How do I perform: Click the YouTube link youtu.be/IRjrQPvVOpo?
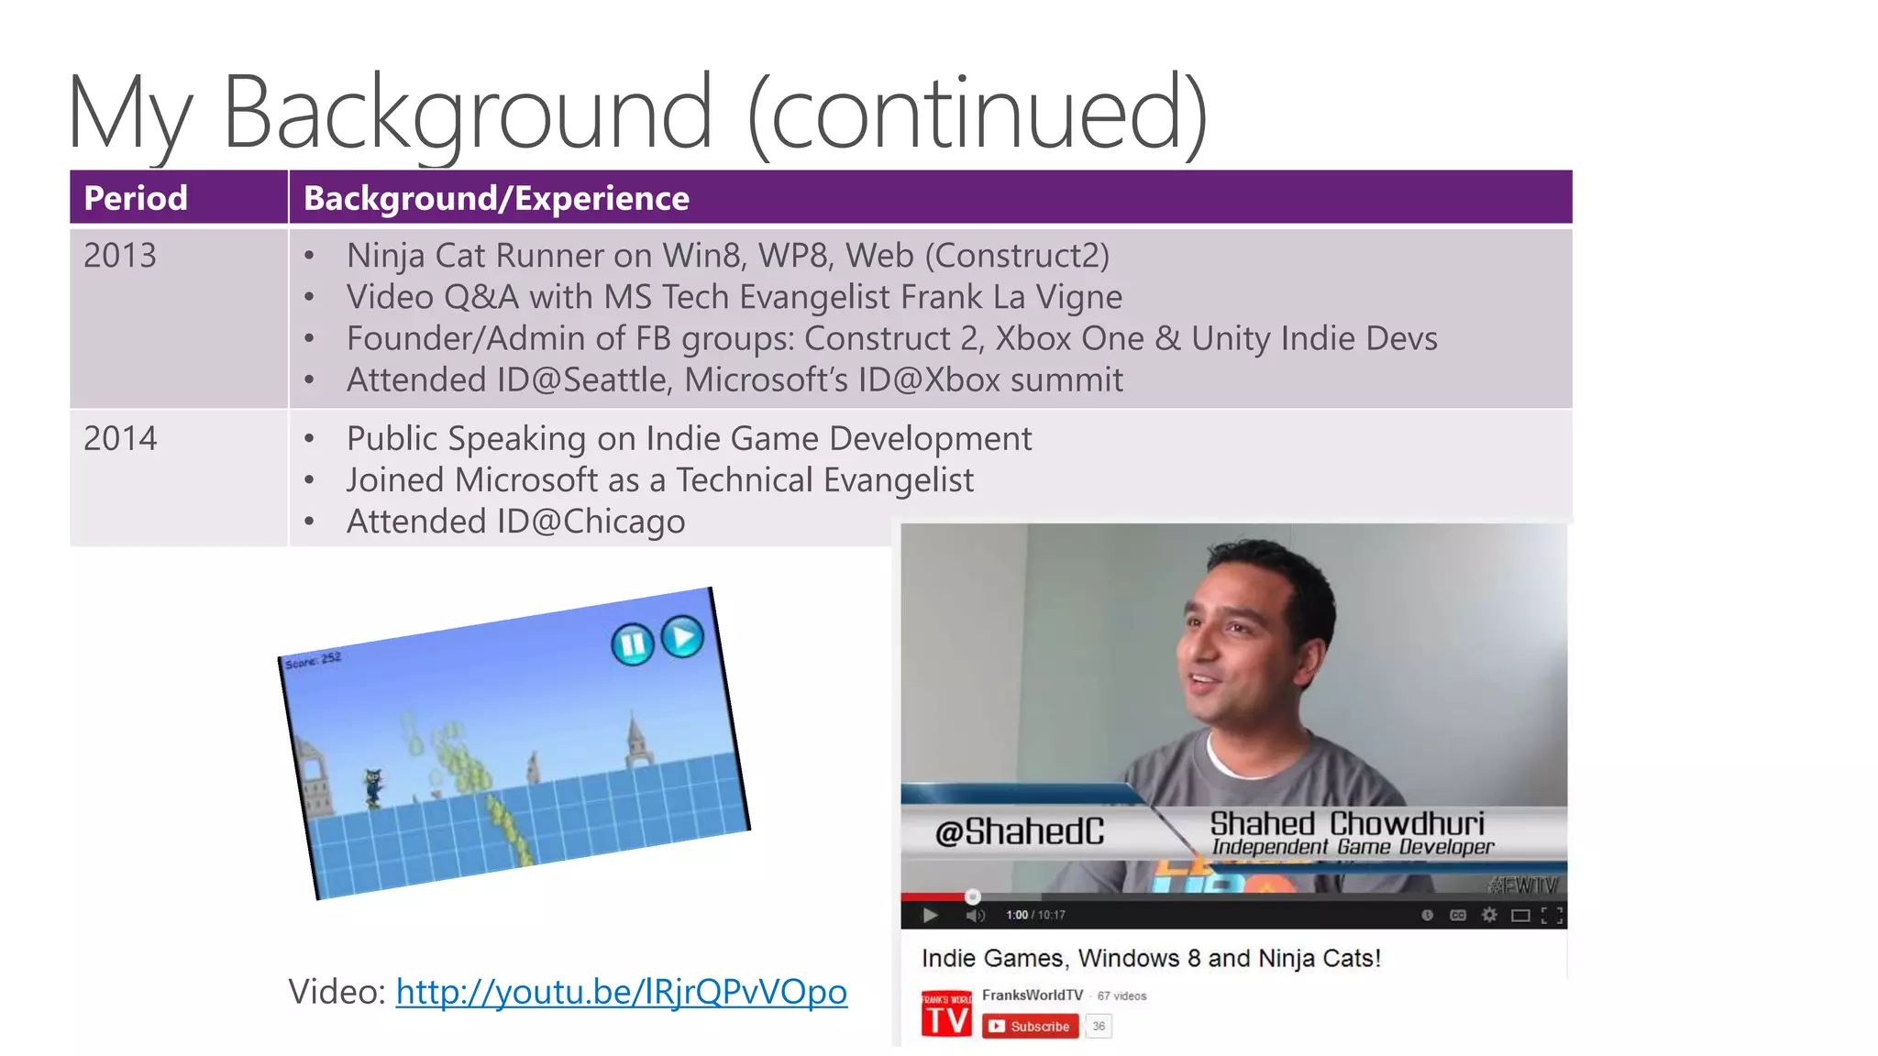pyautogui.click(x=621, y=992)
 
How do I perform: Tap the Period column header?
pyautogui.click(x=136, y=198)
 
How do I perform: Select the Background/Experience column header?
pyautogui.click(x=496, y=198)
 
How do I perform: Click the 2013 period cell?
pyautogui.click(x=120, y=256)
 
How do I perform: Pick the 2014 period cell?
pyautogui.click(x=120, y=439)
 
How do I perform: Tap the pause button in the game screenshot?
pyautogui.click(x=632, y=644)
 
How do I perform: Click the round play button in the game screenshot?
pyautogui.click(x=682, y=636)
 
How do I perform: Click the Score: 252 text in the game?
pyautogui.click(x=313, y=660)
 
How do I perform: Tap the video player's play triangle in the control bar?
pyautogui.click(x=930, y=915)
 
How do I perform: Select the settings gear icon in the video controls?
pyautogui.click(x=1489, y=915)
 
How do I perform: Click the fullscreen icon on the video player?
pyautogui.click(x=1552, y=915)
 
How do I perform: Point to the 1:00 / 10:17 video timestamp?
pyautogui.click(x=1035, y=915)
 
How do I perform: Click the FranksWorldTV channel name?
pyautogui.click(x=1033, y=995)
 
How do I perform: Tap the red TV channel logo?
pyautogui.click(x=946, y=1015)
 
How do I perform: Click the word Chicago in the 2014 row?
pyautogui.click(x=624, y=522)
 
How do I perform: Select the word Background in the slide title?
pyautogui.click(x=467, y=114)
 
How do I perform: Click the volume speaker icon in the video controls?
pyautogui.click(x=975, y=915)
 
